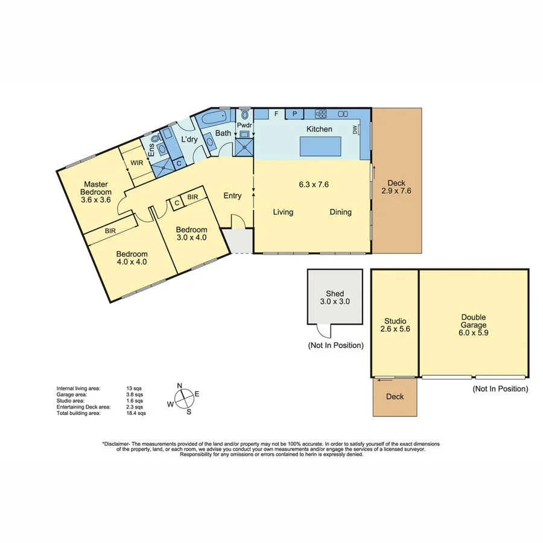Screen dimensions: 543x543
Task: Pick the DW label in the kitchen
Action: coord(355,129)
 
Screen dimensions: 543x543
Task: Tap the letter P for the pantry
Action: coord(295,113)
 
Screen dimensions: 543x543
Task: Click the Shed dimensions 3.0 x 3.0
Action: coord(335,301)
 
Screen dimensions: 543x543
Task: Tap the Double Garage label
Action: coord(474,321)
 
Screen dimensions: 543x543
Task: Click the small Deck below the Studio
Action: coord(395,397)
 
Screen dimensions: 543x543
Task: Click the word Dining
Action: coord(340,212)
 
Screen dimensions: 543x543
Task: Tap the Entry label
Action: coord(232,195)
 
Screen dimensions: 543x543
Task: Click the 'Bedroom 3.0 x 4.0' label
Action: coord(191,233)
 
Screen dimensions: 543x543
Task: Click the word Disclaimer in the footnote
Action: coord(120,443)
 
